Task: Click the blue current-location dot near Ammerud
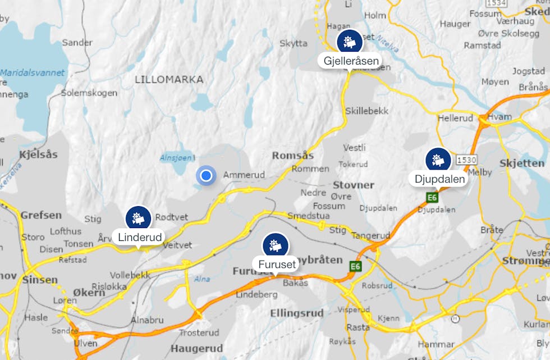tap(206, 176)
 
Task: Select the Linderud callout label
tap(140, 237)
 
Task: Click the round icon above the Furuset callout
tap(275, 244)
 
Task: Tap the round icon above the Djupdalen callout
tap(438, 160)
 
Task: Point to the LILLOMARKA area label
tap(169, 80)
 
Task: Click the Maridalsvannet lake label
tap(32, 73)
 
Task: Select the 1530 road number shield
tap(466, 160)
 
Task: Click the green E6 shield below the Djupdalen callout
tap(432, 197)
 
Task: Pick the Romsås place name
tap(292, 155)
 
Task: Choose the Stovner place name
tap(353, 185)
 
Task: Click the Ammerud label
tap(244, 175)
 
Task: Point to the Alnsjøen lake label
tap(176, 158)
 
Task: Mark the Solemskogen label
tap(89, 93)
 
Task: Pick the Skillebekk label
tap(367, 111)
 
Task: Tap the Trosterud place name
tap(198, 332)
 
